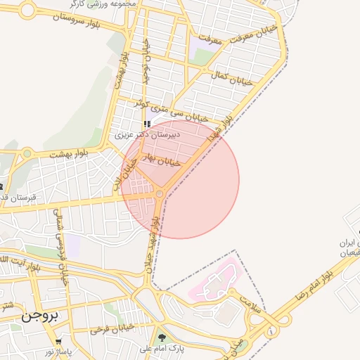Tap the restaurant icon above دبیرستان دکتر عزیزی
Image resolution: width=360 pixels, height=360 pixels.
click(x=147, y=124)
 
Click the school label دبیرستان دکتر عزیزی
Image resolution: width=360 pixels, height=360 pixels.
click(x=148, y=134)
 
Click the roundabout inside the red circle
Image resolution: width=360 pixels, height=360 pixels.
click(x=160, y=193)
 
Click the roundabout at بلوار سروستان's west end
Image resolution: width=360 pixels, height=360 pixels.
click(x=28, y=10)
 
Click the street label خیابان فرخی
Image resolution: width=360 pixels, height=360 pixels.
click(x=112, y=328)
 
